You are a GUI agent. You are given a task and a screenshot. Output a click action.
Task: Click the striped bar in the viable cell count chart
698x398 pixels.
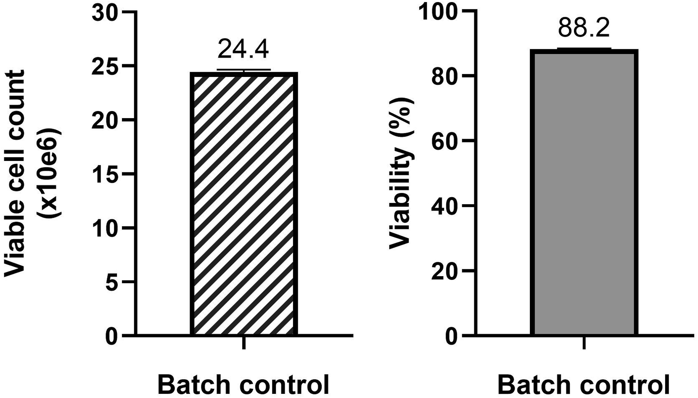(244, 204)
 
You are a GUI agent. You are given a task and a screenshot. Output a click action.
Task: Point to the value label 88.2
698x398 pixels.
(584, 28)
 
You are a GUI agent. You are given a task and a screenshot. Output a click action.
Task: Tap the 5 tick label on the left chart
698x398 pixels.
(111, 282)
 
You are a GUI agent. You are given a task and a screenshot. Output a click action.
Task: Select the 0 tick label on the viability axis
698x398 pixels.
(451, 336)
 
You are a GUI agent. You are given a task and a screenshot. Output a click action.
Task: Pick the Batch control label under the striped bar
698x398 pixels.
(243, 385)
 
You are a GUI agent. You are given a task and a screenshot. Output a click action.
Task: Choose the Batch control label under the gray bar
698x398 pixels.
(584, 385)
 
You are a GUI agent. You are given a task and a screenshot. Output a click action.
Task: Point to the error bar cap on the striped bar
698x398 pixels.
(244, 69)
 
